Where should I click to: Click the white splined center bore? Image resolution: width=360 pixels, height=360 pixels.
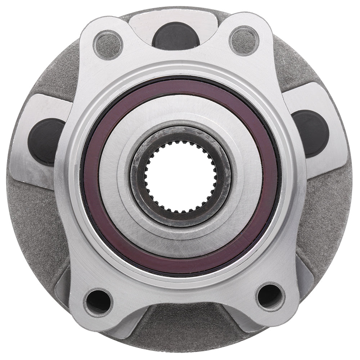[x=180, y=176]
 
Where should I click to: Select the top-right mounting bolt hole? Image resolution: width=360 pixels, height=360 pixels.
[x=244, y=40]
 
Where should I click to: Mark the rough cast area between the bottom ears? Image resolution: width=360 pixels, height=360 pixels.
[x=180, y=324]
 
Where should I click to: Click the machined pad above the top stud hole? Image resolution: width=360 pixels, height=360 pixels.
[x=173, y=16]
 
